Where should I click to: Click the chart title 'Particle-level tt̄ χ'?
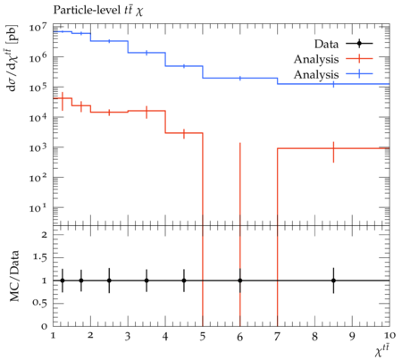tap(98, 11)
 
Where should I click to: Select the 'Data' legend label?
tap(326, 44)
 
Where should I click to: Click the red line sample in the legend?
tap(359, 59)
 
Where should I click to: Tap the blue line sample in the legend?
tap(359, 74)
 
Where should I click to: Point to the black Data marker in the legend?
tap(359, 44)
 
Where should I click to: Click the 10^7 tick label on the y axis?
tap(38, 28)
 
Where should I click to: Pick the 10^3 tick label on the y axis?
tap(38, 148)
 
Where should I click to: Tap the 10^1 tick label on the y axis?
tap(38, 208)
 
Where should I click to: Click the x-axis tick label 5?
tap(203, 337)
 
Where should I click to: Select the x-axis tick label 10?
tap(389, 336)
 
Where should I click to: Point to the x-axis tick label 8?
tap(314, 337)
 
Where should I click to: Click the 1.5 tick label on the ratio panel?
tap(39, 257)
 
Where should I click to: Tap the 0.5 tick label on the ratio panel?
tap(39, 303)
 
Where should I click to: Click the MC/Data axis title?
tap(14, 276)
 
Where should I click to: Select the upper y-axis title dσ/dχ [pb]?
tap(13, 57)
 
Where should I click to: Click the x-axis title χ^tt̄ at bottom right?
tap(382, 351)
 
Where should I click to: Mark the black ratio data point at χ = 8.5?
tap(333, 280)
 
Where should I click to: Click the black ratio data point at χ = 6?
tap(240, 280)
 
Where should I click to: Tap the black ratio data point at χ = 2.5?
tap(109, 280)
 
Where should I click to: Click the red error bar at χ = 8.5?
tap(333, 152)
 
